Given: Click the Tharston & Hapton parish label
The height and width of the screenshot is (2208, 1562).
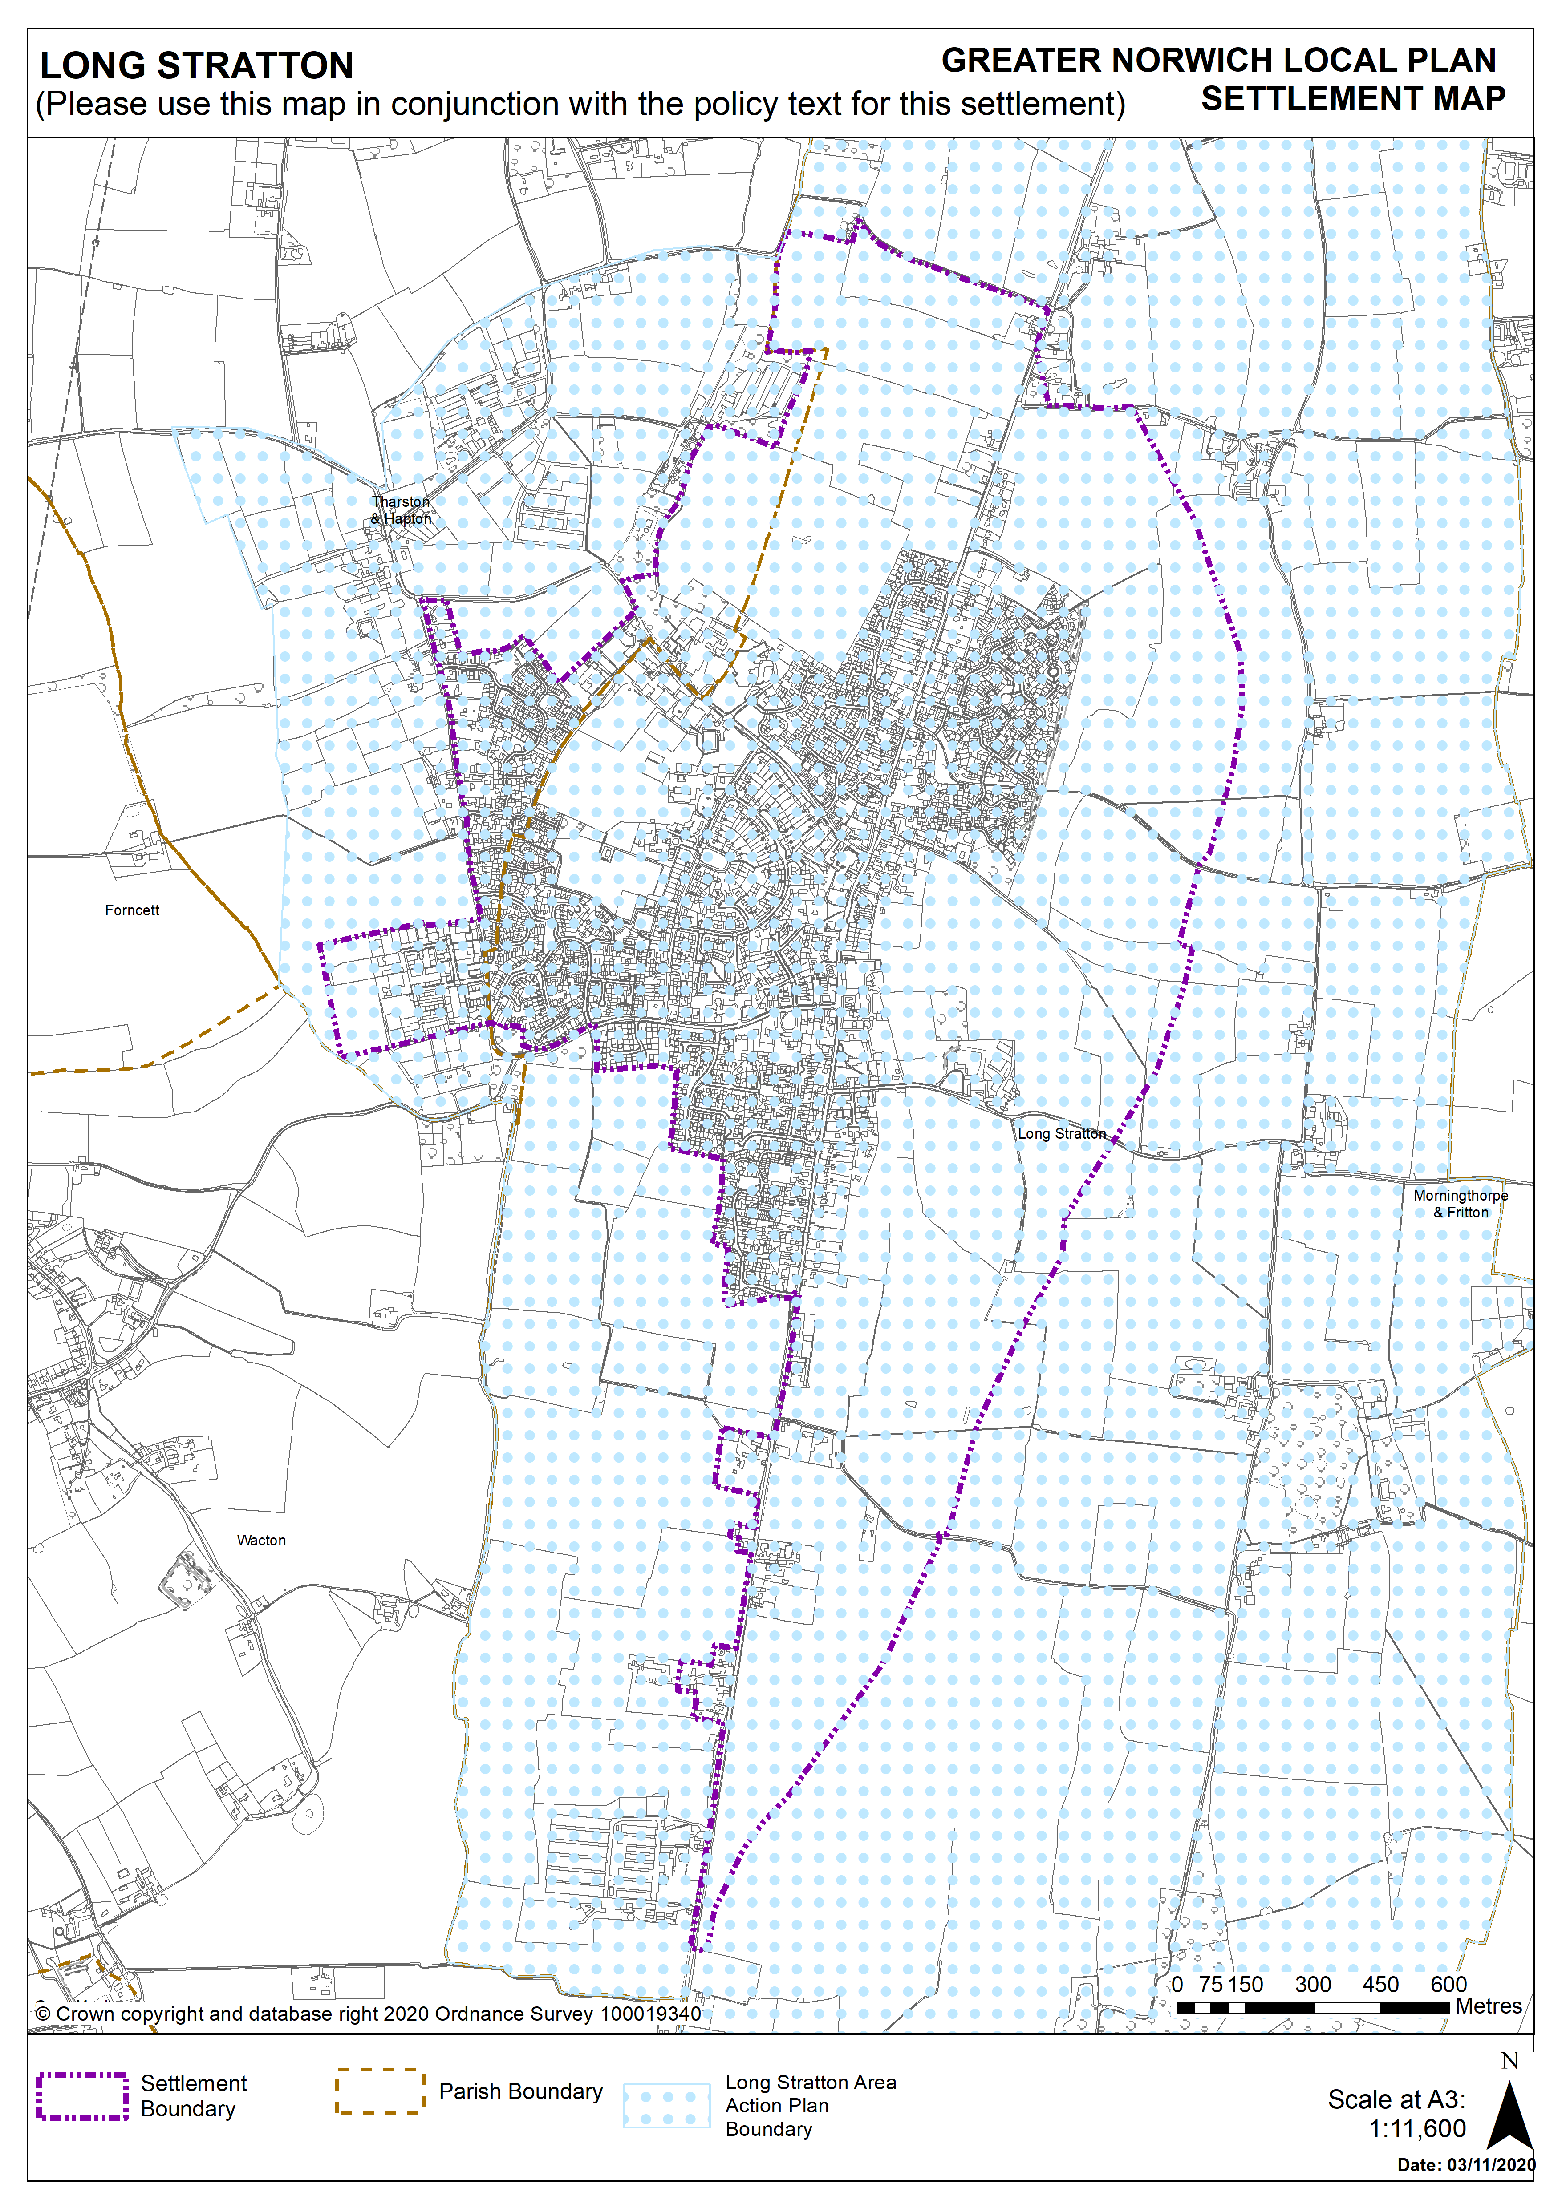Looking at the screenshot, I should (x=401, y=510).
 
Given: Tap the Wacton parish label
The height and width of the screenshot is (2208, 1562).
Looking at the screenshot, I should (x=262, y=1540).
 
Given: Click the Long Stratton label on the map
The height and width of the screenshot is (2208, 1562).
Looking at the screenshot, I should (x=1062, y=1133).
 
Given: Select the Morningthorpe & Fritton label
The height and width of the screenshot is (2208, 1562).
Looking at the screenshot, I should (x=1460, y=1203).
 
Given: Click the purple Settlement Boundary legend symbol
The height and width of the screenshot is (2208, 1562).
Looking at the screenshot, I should (x=83, y=2096).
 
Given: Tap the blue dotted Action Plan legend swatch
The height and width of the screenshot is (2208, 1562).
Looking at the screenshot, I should (x=666, y=2105).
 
